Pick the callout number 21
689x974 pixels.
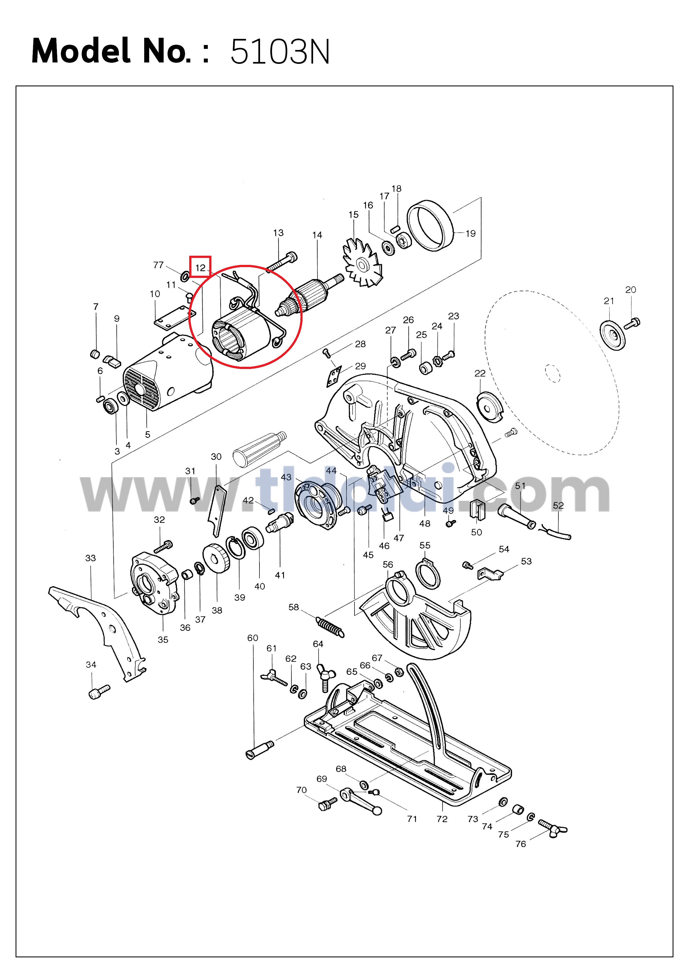[x=609, y=301]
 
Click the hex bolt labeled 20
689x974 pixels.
[x=632, y=324]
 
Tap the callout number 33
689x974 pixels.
[x=90, y=558]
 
